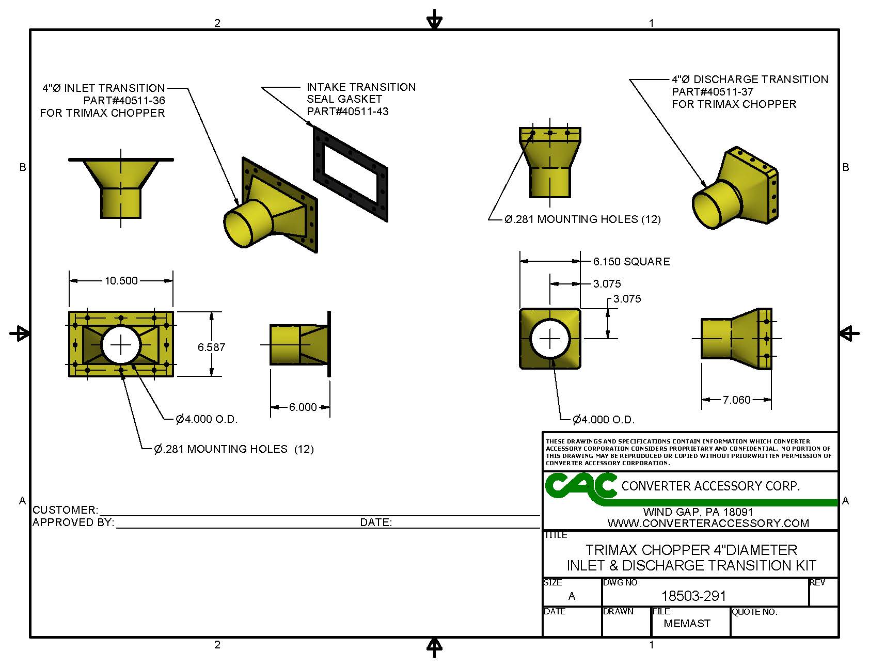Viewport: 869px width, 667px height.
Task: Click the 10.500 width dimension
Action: pyautogui.click(x=121, y=281)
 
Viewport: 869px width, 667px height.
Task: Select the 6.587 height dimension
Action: pyautogui.click(x=211, y=347)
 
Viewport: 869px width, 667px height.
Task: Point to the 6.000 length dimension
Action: pyautogui.click(x=303, y=407)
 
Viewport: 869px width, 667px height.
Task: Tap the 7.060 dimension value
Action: pyautogui.click(x=736, y=400)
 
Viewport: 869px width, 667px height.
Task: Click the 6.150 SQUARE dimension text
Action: pyautogui.click(x=631, y=262)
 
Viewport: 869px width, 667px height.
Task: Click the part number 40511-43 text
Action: pyautogui.click(x=347, y=112)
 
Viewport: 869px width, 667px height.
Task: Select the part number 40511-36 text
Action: pyautogui.click(x=124, y=101)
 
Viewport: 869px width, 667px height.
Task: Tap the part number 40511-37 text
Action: pyautogui.click(x=713, y=92)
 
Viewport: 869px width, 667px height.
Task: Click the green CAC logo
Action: pyautogui.click(x=580, y=487)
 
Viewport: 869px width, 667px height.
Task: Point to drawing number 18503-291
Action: pyautogui.click(x=693, y=596)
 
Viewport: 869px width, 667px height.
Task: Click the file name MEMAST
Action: pyautogui.click(x=687, y=624)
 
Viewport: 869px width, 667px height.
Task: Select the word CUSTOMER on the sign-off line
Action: pyautogui.click(x=65, y=510)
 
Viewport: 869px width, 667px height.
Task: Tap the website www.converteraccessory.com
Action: pyautogui.click(x=708, y=523)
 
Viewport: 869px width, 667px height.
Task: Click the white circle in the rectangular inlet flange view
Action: pyautogui.click(x=121, y=345)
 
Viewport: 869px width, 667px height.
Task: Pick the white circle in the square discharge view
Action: pyautogui.click(x=550, y=339)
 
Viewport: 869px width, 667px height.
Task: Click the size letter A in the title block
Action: pyautogui.click(x=572, y=596)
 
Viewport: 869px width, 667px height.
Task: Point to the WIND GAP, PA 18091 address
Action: pyautogui.click(x=698, y=512)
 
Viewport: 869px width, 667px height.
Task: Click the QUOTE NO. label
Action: pyautogui.click(x=754, y=612)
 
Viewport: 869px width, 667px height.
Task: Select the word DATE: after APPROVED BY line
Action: pyautogui.click(x=376, y=522)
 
